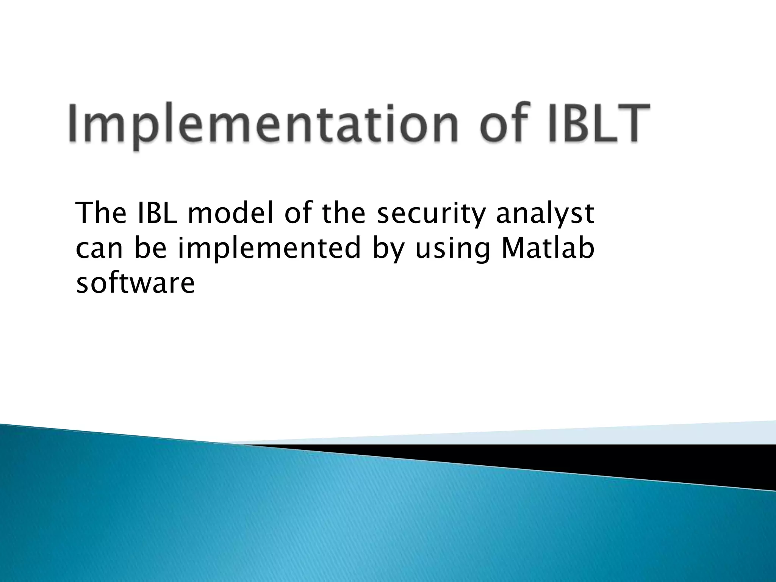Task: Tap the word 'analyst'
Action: (545, 214)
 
